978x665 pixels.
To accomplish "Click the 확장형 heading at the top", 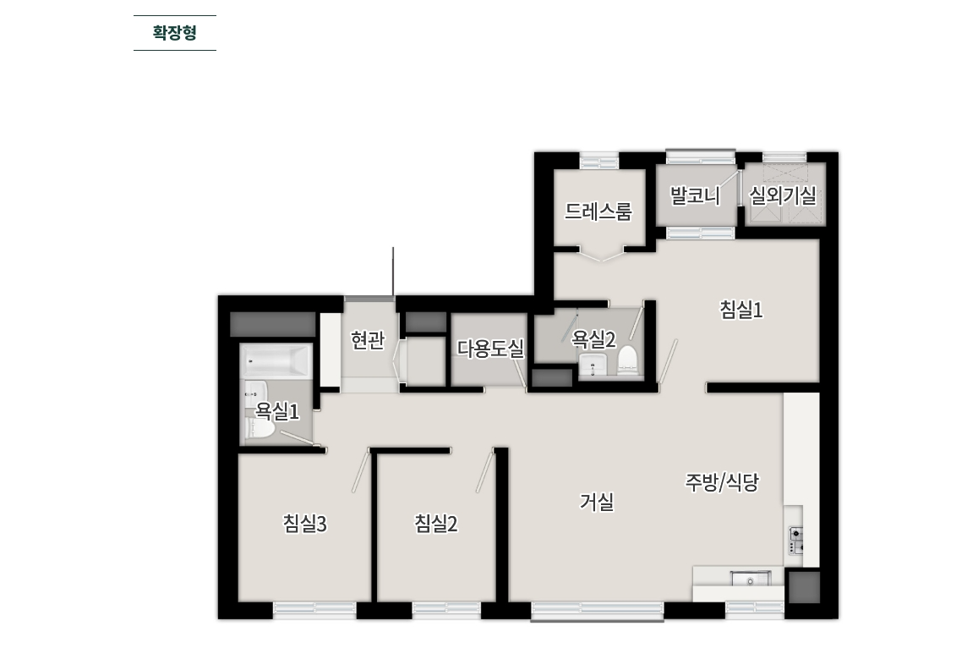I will (174, 33).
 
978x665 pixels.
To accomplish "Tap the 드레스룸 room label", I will (598, 212).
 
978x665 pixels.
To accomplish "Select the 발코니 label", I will (695, 196).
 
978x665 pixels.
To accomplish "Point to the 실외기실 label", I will (783, 196).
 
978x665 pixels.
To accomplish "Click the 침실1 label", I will (741, 311).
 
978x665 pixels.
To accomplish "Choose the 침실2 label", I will (436, 524).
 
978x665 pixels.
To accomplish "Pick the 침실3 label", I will (305, 524).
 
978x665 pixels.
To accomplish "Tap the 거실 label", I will (597, 502).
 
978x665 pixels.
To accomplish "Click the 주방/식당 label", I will (722, 482).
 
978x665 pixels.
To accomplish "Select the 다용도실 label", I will (491, 349).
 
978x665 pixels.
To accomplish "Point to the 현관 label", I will (368, 340).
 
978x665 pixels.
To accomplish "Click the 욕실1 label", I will (278, 411).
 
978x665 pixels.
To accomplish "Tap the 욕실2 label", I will (594, 339).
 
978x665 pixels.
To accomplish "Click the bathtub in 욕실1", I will (276, 363).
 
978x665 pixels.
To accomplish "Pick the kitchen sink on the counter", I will (751, 580).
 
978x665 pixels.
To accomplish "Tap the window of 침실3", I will (314, 609).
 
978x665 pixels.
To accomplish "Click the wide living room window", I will (598, 611).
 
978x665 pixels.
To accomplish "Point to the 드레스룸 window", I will (599, 159).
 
